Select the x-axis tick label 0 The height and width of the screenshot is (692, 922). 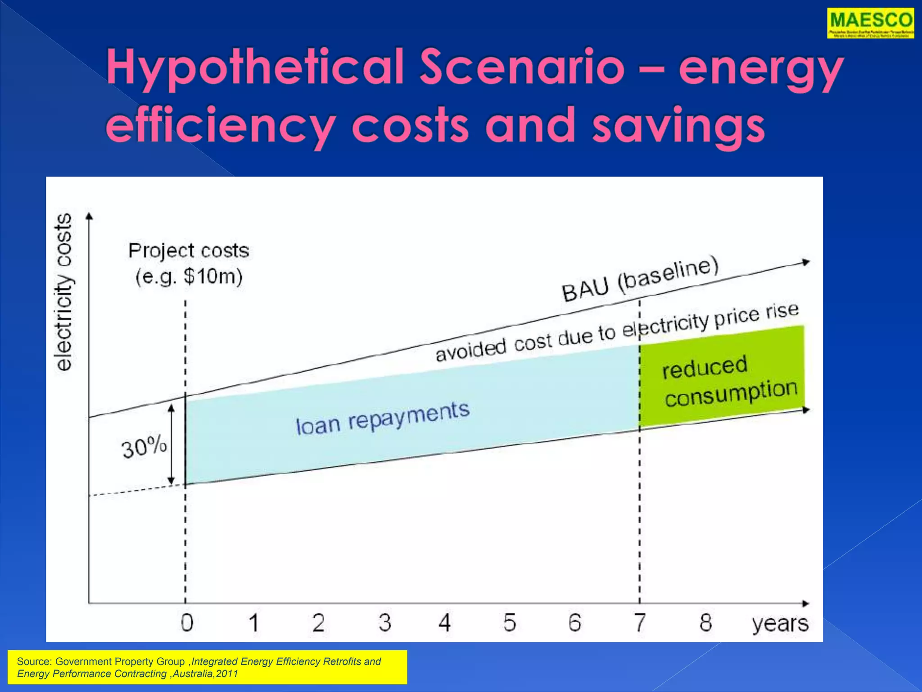[x=187, y=623]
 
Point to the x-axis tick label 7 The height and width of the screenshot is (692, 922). [x=640, y=623]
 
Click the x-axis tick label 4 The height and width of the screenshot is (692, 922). [x=445, y=623]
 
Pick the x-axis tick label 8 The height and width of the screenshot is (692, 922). [x=705, y=623]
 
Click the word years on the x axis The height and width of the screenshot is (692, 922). [x=780, y=624]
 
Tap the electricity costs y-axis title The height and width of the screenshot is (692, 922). [x=63, y=292]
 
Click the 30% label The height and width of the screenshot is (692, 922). [x=144, y=447]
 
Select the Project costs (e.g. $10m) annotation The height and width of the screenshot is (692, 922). [x=189, y=263]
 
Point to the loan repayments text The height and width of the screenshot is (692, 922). [x=383, y=418]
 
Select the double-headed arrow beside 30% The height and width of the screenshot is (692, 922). [x=172, y=445]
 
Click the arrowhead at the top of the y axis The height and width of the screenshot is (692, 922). [x=89, y=216]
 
